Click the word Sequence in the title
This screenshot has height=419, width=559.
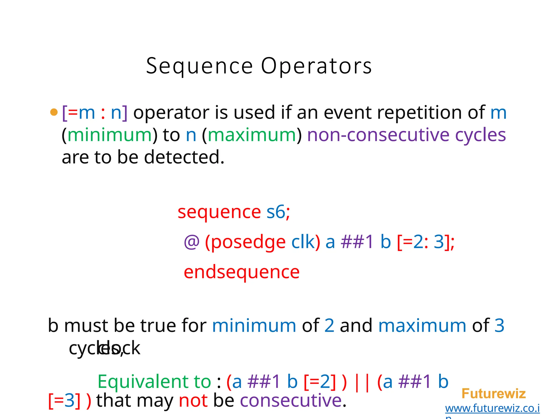pyautogui.click(x=200, y=66)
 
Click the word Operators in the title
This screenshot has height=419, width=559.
pyautogui.click(x=316, y=66)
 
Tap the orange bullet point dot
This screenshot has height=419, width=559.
pyautogui.click(x=54, y=112)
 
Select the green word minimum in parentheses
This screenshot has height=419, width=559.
pyautogui.click(x=109, y=135)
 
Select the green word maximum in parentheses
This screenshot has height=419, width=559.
pyautogui.click(x=252, y=135)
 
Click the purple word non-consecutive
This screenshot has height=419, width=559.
pyautogui.click(x=378, y=135)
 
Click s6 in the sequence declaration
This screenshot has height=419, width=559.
pyautogui.click(x=276, y=212)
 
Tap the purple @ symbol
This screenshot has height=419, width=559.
pyautogui.click(x=192, y=242)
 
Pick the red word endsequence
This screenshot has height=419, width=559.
pyautogui.click(x=242, y=272)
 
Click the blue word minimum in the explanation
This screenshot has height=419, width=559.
pyautogui.click(x=254, y=326)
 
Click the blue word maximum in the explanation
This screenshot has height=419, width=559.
pyautogui.click(x=422, y=326)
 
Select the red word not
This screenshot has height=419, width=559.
pyautogui.click(x=193, y=401)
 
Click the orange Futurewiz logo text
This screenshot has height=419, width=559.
pyautogui.click(x=493, y=394)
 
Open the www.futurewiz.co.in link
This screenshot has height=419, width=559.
pyautogui.click(x=492, y=408)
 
